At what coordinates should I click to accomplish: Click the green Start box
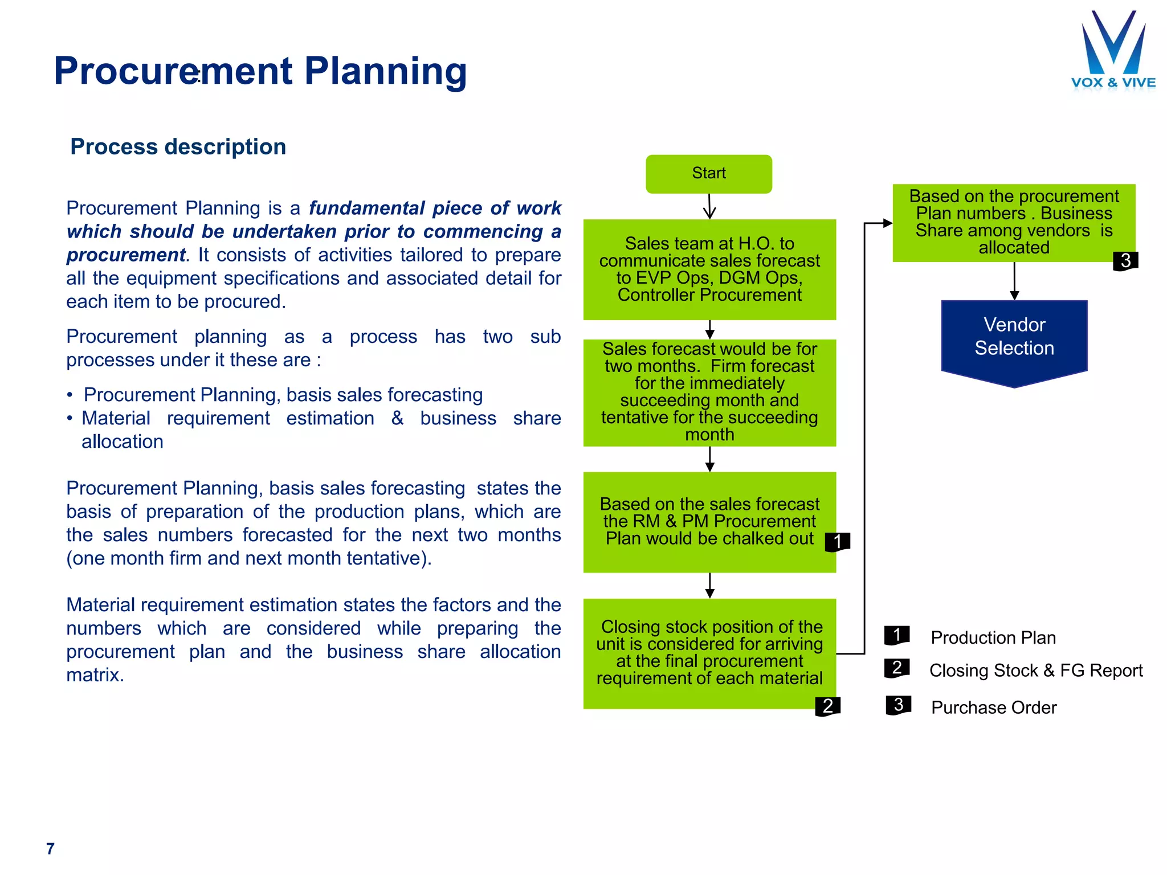[709, 174]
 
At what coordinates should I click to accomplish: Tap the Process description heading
[178, 147]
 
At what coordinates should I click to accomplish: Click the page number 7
[50, 848]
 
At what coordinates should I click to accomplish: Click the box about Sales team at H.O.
[709, 269]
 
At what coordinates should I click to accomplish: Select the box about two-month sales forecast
[709, 392]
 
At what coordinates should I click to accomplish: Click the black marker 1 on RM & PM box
[837, 541]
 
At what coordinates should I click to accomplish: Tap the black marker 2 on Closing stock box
[827, 706]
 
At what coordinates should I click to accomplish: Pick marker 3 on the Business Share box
[1125, 261]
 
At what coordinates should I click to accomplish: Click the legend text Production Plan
[993, 637]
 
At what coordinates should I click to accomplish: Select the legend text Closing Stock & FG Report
[1035, 670]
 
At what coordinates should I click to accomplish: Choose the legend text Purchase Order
[993, 708]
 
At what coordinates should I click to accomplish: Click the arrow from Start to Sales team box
[709, 206]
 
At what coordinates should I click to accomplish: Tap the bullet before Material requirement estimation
[70, 419]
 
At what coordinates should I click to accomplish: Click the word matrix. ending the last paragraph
[95, 675]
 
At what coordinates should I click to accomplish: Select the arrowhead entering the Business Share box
[887, 223]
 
